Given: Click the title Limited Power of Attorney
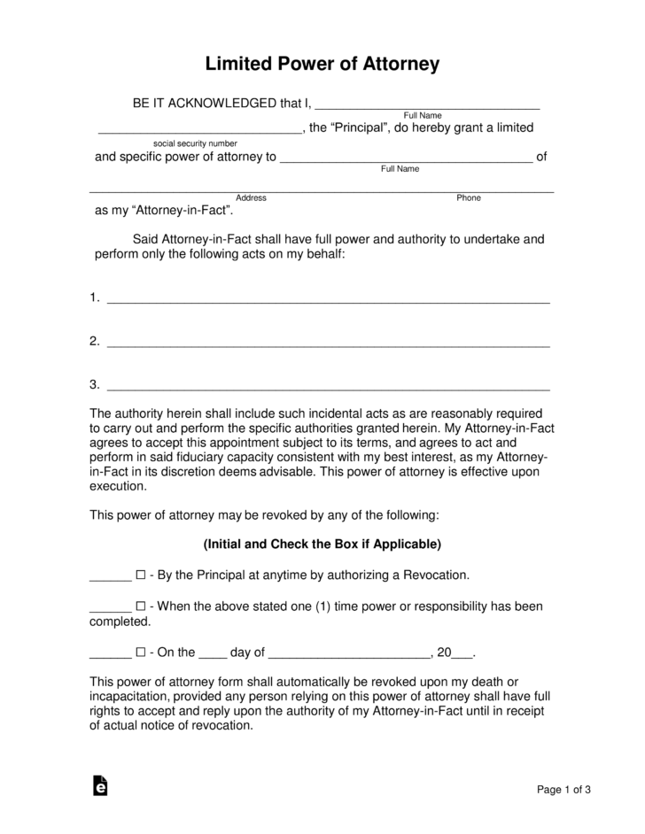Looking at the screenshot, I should point(322,65).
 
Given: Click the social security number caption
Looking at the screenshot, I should point(195,143).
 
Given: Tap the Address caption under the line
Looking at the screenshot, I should point(252,197).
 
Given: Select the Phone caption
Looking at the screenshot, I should point(469,197).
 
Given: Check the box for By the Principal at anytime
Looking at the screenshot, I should point(140,575).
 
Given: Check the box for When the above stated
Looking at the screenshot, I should point(140,607).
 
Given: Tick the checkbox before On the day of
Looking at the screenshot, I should point(140,653).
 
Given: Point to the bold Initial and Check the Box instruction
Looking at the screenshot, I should point(322,544).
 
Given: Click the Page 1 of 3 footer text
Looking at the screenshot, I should point(564,790).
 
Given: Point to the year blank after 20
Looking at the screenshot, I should point(462,655).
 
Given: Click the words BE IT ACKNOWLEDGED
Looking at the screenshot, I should point(204,104).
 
